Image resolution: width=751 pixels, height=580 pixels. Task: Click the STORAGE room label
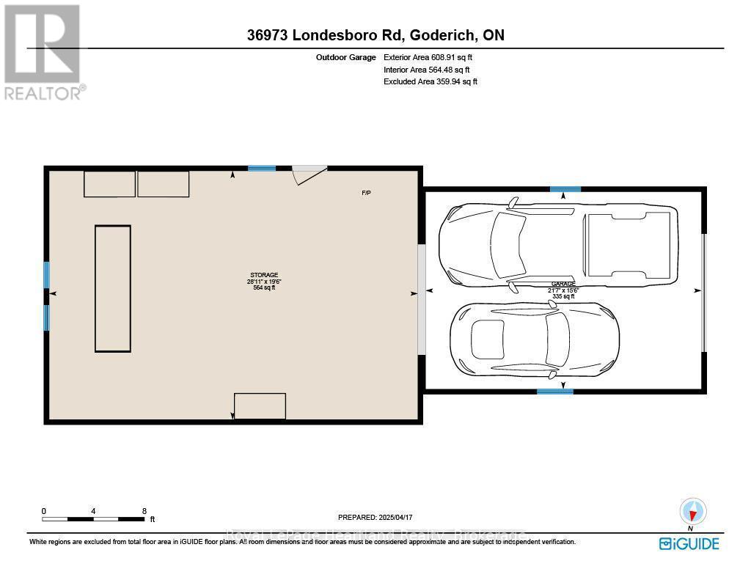coord(262,275)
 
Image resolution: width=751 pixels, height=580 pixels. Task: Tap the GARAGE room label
coord(563,284)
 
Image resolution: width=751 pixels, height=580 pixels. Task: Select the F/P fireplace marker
coord(365,193)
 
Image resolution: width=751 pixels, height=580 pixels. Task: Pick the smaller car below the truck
coord(535,337)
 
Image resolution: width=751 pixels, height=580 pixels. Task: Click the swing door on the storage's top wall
coord(309,175)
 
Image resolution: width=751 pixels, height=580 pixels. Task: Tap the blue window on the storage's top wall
coord(262,169)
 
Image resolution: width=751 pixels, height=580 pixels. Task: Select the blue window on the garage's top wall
coord(565,189)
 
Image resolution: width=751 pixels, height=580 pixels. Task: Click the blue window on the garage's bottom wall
coord(554,392)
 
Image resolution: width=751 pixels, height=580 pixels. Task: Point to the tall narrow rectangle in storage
coord(113,289)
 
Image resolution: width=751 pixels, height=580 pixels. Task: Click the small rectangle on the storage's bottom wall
coord(260,406)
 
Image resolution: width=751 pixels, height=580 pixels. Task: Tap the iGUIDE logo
coord(689,543)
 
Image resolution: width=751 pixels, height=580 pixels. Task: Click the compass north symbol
coord(692,512)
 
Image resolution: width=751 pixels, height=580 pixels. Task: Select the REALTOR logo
coord(43,51)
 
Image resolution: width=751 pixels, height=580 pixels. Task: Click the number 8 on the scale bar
coord(144,511)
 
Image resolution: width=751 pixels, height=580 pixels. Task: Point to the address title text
coord(375,35)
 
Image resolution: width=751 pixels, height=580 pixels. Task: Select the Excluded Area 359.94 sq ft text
coord(431,82)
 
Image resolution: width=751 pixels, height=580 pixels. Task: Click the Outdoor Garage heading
coord(345,57)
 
